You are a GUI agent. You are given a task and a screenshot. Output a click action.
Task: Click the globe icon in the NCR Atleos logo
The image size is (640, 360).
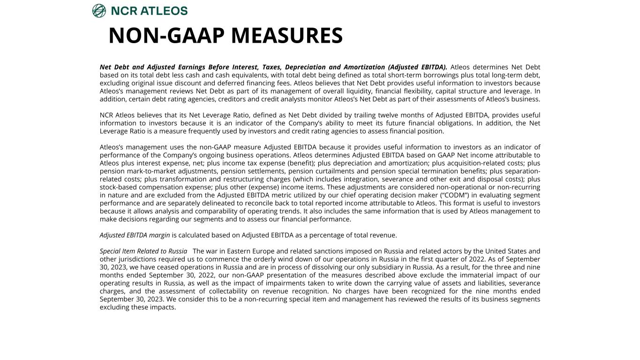click(x=99, y=11)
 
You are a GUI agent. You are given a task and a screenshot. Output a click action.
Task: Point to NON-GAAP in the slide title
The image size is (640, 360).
click(x=166, y=36)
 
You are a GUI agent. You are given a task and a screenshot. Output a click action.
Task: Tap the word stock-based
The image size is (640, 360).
click(x=120, y=187)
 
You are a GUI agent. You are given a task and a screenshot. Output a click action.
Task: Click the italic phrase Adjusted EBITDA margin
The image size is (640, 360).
click(x=135, y=235)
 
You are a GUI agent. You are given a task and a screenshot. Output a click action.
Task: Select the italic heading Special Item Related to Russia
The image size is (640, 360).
click(x=143, y=251)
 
